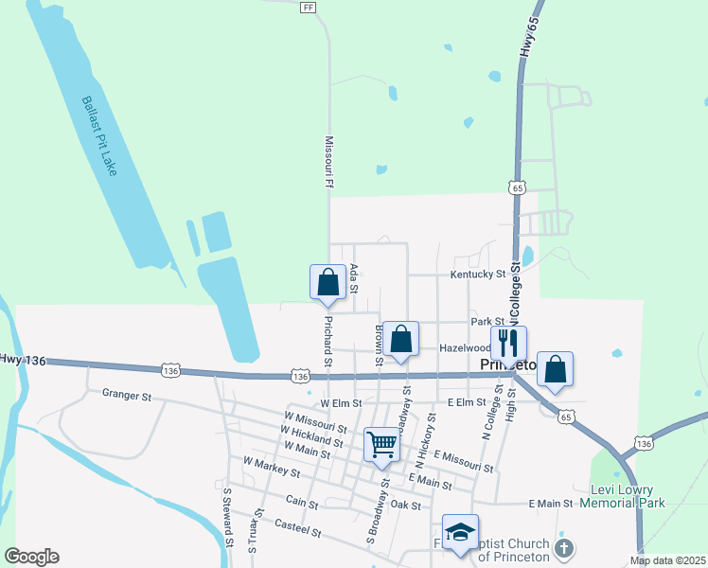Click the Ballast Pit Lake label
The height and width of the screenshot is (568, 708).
(98, 134)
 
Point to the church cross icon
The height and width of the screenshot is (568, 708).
(563, 549)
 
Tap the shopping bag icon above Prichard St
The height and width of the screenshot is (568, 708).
(327, 281)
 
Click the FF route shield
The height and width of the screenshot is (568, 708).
(307, 7)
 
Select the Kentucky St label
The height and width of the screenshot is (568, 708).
(478, 275)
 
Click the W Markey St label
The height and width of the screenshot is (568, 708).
(271, 466)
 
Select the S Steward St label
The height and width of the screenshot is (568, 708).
(228, 517)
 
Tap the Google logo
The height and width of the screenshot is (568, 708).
(30, 557)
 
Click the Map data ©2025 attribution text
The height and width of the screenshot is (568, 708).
(666, 560)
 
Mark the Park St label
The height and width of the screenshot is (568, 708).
(487, 322)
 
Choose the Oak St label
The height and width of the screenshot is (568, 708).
(405, 505)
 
